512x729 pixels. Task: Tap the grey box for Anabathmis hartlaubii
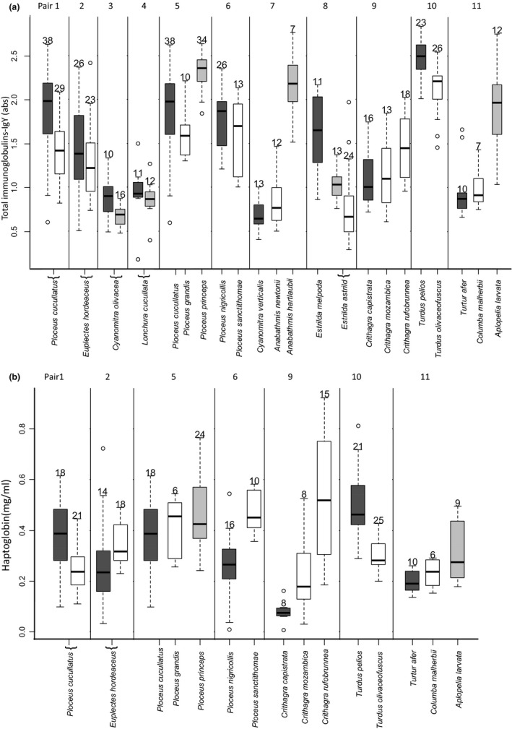292,84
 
